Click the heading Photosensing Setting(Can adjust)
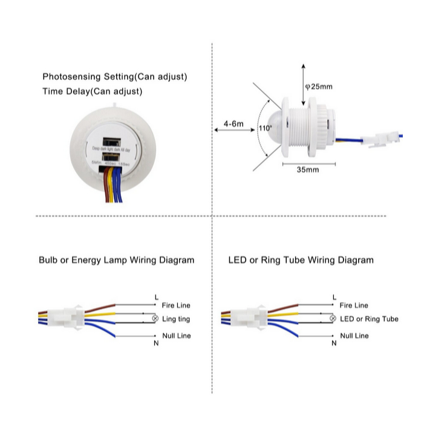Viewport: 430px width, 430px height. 114,77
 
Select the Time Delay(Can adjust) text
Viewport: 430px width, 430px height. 93,92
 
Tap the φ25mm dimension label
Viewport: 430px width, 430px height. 319,86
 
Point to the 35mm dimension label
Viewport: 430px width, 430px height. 308,169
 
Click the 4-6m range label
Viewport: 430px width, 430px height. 233,124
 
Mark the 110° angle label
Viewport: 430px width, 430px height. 265,128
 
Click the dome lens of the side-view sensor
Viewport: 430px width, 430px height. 274,124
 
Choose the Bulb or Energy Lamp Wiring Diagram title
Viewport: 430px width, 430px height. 116,260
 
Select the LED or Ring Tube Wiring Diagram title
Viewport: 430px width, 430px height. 301,260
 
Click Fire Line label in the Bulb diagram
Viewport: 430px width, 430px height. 175,305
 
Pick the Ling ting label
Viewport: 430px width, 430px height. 177,319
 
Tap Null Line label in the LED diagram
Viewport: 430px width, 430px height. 354,335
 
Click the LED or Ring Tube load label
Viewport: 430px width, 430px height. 369,319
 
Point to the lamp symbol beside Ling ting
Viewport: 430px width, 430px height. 155,319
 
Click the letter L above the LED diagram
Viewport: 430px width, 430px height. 334,297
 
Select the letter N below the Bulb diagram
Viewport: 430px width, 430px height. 156,343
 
